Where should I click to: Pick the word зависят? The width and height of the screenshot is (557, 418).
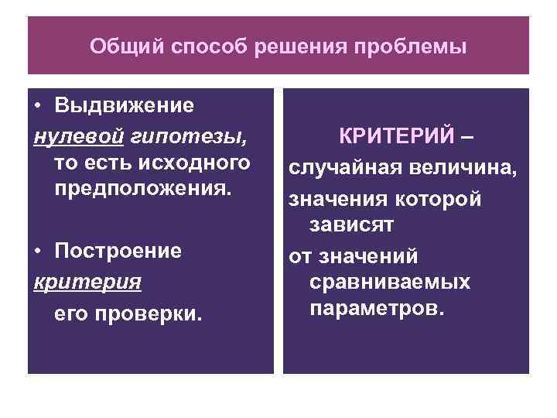352,227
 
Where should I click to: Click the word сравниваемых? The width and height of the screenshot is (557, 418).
390,282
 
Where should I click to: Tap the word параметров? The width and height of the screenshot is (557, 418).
378,309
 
